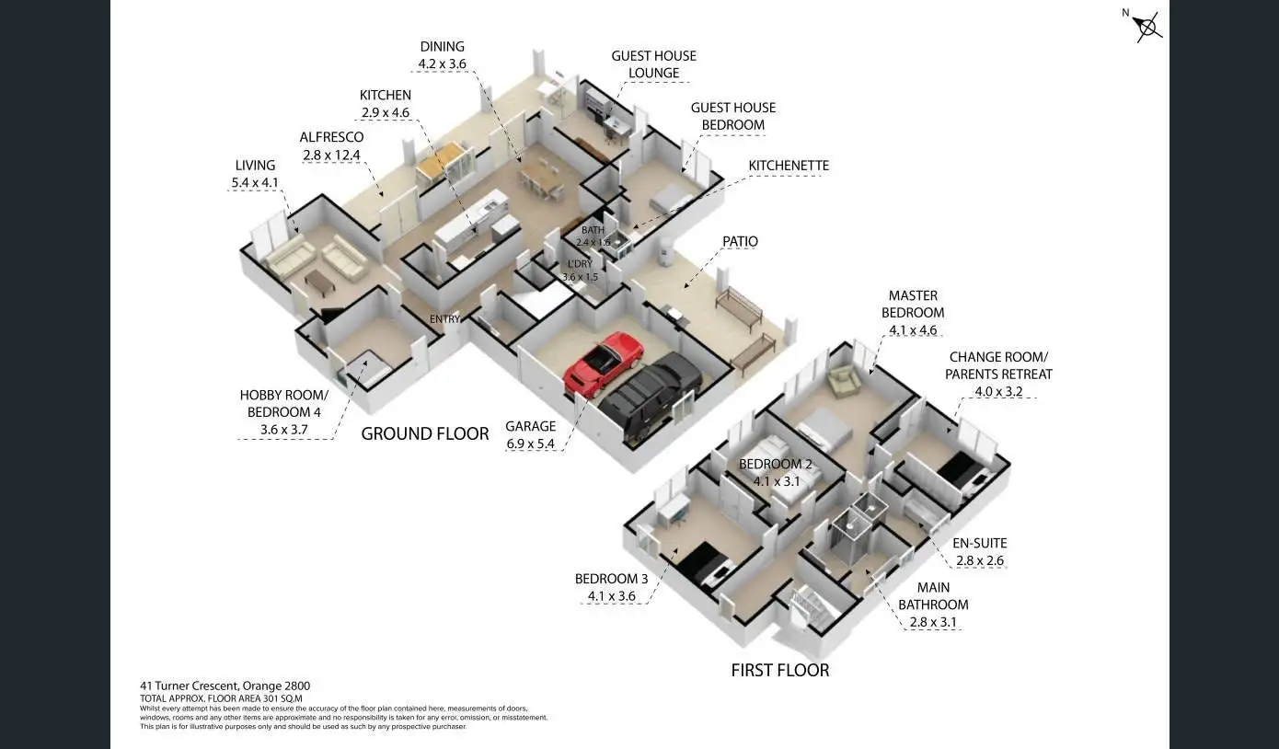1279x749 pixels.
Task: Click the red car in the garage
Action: tap(604, 363)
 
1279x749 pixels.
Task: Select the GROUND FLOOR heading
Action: tap(424, 433)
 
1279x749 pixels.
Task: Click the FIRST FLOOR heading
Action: tap(779, 670)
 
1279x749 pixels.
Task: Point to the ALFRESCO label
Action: tap(331, 137)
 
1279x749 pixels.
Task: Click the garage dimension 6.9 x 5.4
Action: tap(531, 444)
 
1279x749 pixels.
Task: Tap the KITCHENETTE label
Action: tap(789, 166)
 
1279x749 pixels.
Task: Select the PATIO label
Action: tap(740, 241)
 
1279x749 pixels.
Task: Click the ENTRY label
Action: tap(444, 319)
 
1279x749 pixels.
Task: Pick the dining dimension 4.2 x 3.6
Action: tap(442, 63)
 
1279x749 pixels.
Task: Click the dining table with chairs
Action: tap(542, 177)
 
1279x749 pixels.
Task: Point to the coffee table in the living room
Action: tap(320, 282)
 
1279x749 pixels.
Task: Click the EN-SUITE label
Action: tap(979, 543)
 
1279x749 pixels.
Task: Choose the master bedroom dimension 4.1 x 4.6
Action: tap(913, 329)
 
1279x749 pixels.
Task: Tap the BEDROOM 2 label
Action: tap(776, 464)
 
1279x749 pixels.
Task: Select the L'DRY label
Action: tap(580, 264)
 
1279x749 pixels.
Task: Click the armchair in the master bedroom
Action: tap(841, 378)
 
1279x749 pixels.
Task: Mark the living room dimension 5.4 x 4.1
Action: tap(255, 182)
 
